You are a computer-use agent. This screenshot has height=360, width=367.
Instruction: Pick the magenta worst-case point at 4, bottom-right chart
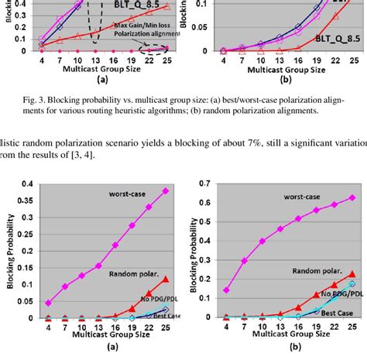click(x=226, y=290)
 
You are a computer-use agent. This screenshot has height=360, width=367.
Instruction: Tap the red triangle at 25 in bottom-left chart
click(x=164, y=278)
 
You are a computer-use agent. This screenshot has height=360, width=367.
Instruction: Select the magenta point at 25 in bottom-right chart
click(x=352, y=197)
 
